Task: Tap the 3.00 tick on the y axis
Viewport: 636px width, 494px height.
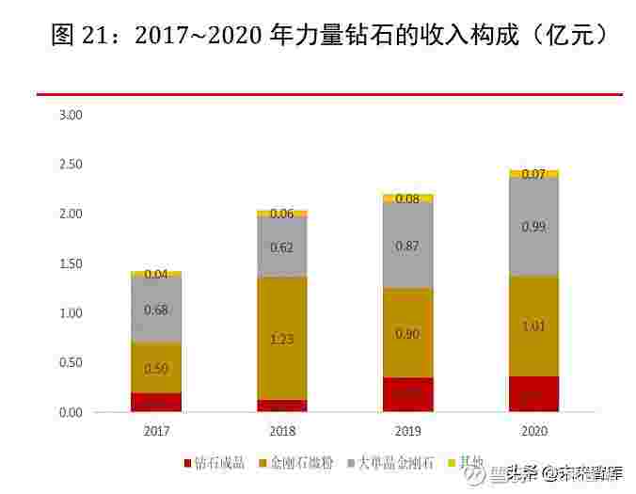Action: (71, 115)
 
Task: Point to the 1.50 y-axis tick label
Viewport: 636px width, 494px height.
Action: (71, 263)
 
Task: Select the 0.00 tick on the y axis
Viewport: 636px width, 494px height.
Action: (71, 412)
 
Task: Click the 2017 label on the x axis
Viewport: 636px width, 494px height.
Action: (155, 430)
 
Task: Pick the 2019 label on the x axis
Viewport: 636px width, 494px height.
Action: (407, 430)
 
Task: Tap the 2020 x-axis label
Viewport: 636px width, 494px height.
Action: (533, 430)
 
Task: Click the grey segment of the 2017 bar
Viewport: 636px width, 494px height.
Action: (156, 311)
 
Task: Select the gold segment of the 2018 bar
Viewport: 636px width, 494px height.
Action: (281, 339)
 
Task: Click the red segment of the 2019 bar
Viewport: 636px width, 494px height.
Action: (407, 395)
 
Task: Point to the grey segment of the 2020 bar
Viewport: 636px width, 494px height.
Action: (533, 227)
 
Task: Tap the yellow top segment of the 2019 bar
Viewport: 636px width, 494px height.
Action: (407, 199)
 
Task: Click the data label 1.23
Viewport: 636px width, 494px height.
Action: (281, 339)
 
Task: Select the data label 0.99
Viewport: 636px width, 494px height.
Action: (533, 227)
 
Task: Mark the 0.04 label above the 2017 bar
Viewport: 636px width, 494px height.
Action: (156, 274)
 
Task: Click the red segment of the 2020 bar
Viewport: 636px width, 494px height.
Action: (533, 394)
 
